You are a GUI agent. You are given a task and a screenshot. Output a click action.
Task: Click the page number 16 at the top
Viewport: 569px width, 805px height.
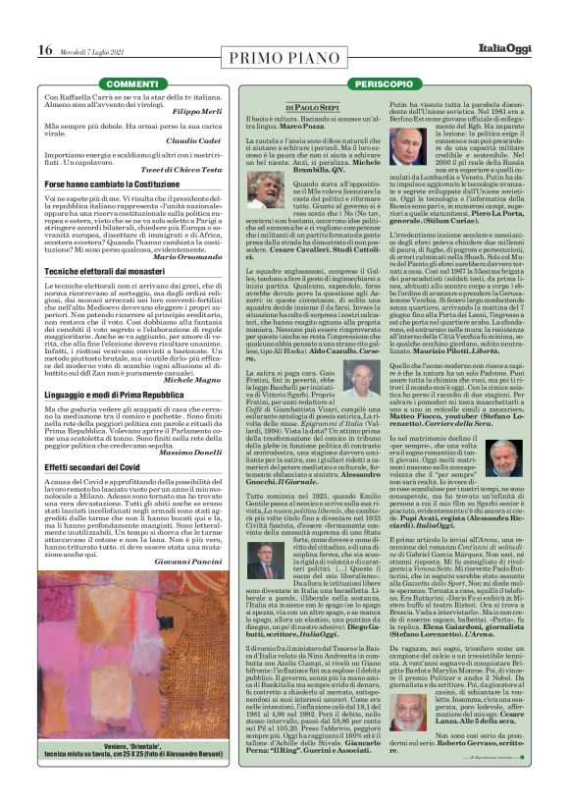(x=44, y=50)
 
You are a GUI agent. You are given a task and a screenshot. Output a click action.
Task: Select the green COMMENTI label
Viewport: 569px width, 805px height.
(x=131, y=85)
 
